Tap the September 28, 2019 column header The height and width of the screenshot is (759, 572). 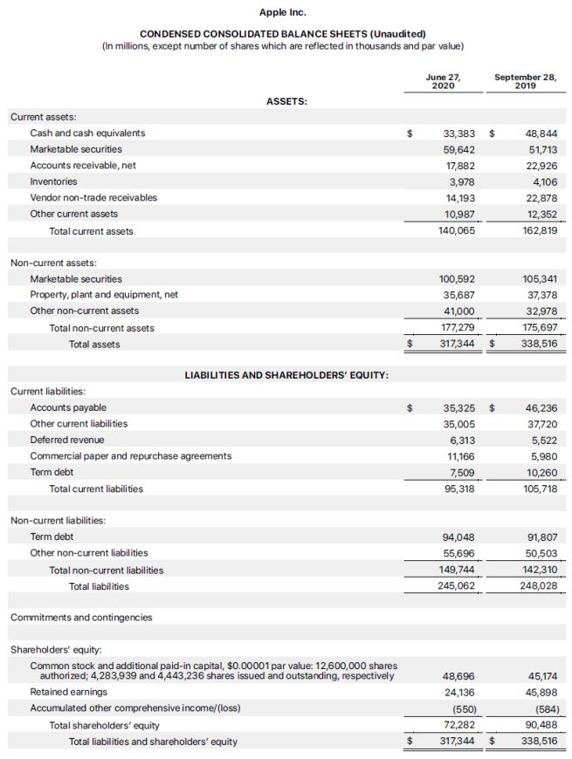(x=525, y=81)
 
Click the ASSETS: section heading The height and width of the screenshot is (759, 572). (x=286, y=101)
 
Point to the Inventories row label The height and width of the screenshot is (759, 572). (x=53, y=181)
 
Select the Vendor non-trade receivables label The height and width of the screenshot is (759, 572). (x=93, y=197)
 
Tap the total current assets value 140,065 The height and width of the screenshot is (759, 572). (x=456, y=231)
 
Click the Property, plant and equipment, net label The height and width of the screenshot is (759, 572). (x=104, y=295)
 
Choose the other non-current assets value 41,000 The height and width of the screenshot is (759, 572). (x=459, y=311)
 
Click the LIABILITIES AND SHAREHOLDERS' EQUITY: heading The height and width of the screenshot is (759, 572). (x=286, y=375)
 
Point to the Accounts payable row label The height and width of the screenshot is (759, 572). (x=68, y=407)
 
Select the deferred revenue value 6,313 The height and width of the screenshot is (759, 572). (x=461, y=440)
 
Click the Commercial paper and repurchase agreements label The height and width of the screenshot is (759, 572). (x=131, y=455)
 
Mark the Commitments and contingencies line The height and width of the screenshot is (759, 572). (x=81, y=618)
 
